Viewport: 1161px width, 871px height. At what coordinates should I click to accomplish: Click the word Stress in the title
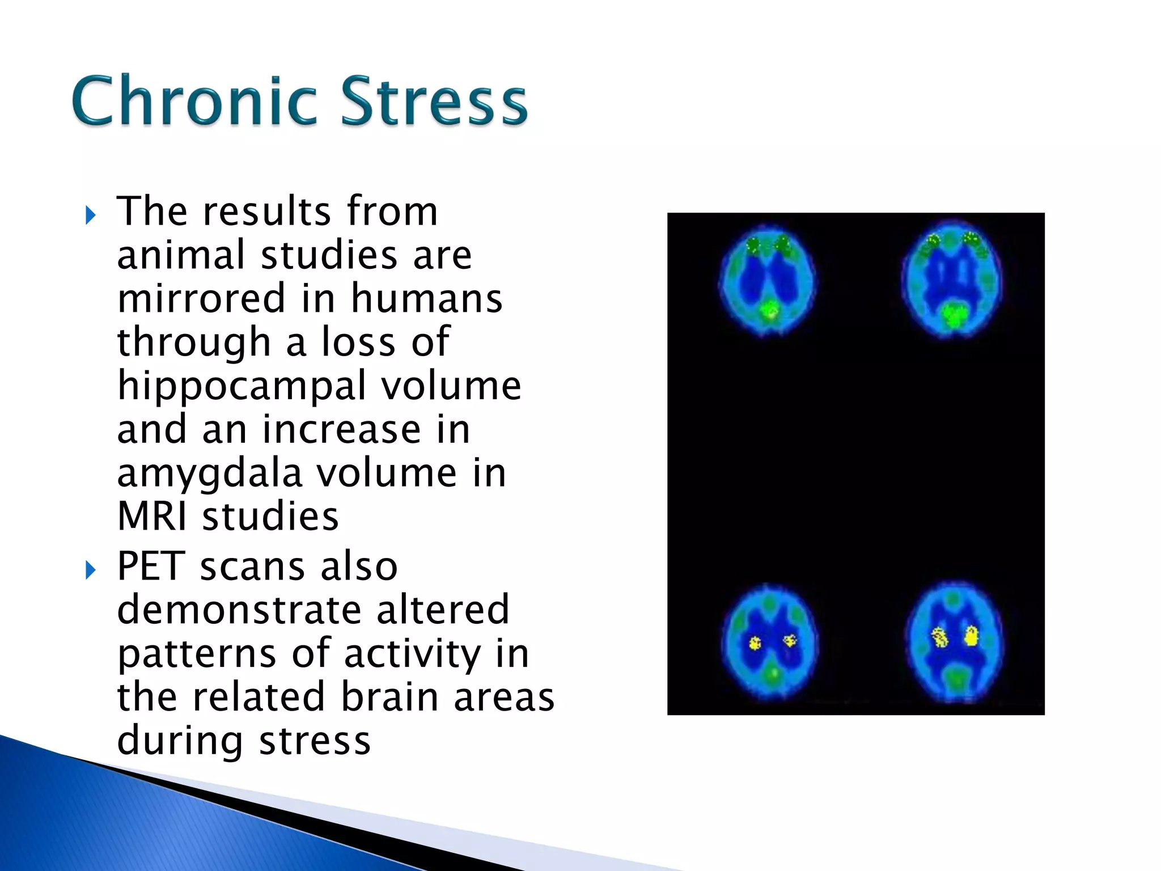(x=434, y=101)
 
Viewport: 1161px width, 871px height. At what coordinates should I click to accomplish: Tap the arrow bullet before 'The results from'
(x=90, y=215)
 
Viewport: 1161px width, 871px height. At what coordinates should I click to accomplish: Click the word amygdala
(x=209, y=474)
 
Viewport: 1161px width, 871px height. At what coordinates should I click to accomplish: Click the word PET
(x=151, y=566)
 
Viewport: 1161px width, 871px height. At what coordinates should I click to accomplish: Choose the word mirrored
(x=201, y=299)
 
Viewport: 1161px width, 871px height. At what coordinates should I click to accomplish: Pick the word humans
(x=426, y=299)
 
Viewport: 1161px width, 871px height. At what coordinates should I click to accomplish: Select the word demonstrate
(x=239, y=610)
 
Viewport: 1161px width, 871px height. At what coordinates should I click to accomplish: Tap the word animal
(x=181, y=255)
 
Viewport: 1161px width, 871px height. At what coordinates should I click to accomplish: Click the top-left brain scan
(x=768, y=281)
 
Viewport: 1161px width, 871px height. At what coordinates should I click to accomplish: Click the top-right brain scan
(x=952, y=281)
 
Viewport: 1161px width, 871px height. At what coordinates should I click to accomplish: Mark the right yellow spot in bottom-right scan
(x=971, y=636)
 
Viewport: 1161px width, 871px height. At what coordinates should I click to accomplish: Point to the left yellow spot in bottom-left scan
(x=755, y=643)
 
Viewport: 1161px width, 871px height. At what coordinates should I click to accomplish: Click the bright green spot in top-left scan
(x=769, y=310)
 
